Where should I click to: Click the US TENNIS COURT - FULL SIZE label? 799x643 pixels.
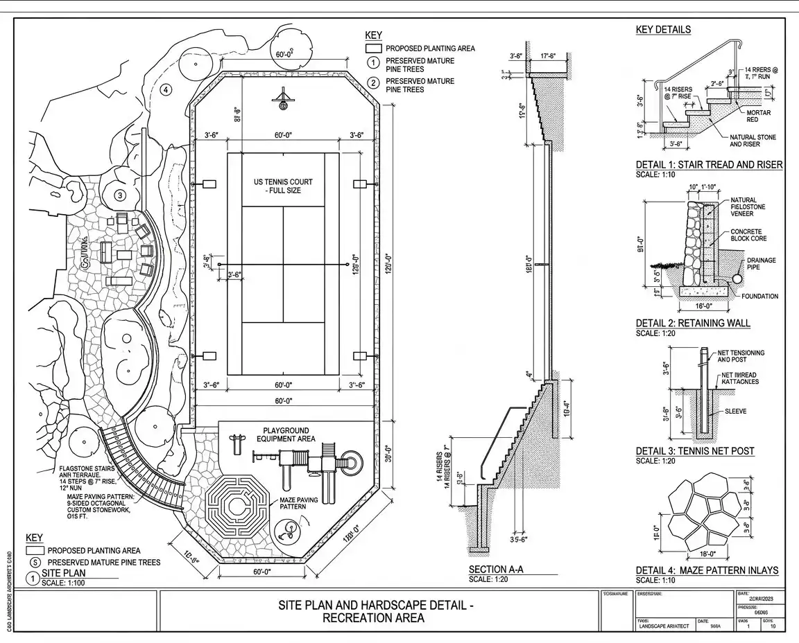pyautogui.click(x=283, y=186)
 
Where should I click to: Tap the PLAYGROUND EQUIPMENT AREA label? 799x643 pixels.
pyautogui.click(x=286, y=434)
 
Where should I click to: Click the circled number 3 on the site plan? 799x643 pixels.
pyautogui.click(x=120, y=196)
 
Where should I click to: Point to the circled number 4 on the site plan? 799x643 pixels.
pyautogui.click(x=165, y=89)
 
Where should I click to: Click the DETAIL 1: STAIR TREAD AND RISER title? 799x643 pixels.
pyautogui.click(x=709, y=165)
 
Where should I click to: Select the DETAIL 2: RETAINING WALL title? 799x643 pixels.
pyautogui.click(x=693, y=323)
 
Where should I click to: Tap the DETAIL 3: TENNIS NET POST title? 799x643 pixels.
pyautogui.click(x=695, y=451)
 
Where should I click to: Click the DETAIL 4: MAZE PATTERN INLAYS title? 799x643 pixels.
pyautogui.click(x=707, y=570)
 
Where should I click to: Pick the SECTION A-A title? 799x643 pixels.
pyautogui.click(x=496, y=570)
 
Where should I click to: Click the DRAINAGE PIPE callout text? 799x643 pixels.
pyautogui.click(x=761, y=265)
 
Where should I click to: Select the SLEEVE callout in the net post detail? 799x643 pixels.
pyautogui.click(x=735, y=411)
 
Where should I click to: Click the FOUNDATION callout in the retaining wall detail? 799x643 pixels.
pyautogui.click(x=759, y=296)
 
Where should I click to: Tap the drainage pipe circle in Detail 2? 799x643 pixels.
pyautogui.click(x=737, y=279)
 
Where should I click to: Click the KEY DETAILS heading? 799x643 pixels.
pyautogui.click(x=663, y=30)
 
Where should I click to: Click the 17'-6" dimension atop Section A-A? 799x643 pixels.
pyautogui.click(x=551, y=55)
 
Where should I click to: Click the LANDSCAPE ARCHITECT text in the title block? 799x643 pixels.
pyautogui.click(x=663, y=626)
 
